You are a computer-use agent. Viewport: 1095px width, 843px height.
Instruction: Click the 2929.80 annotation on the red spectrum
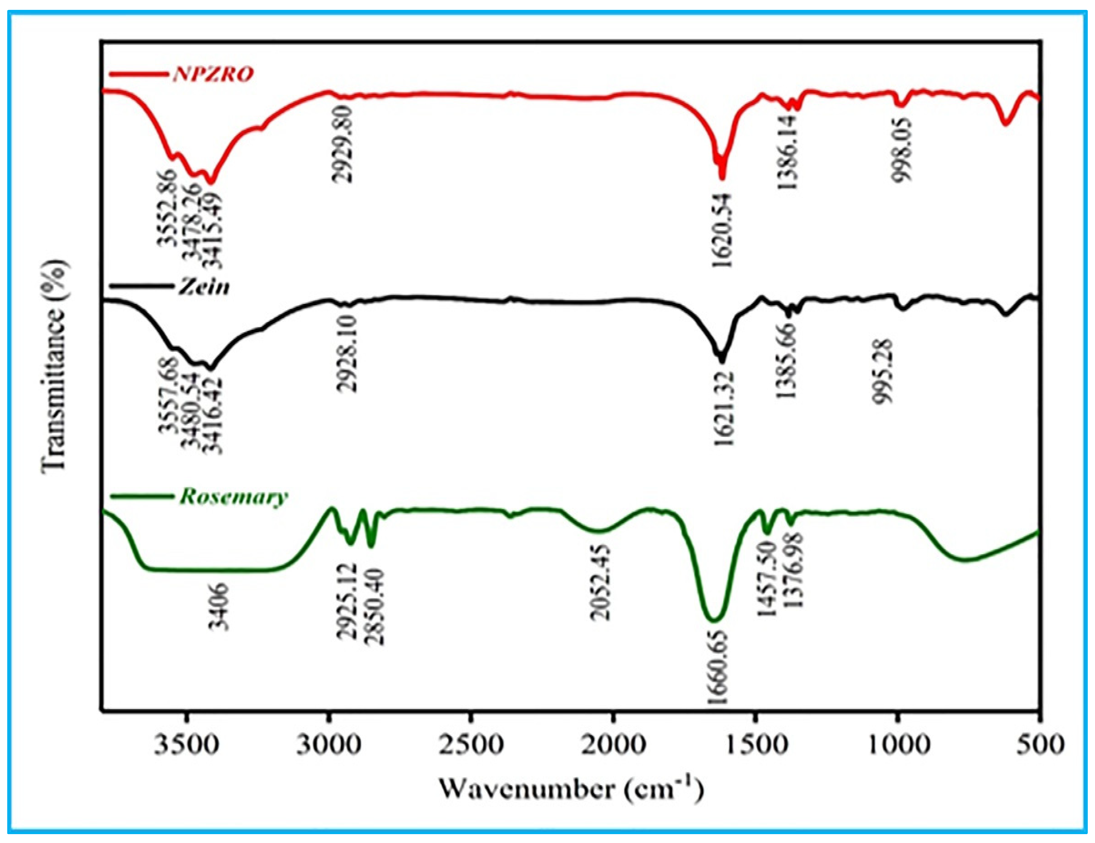click(343, 145)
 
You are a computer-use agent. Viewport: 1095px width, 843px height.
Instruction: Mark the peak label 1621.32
click(723, 408)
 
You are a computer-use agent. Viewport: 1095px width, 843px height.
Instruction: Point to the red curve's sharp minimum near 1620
click(722, 178)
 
